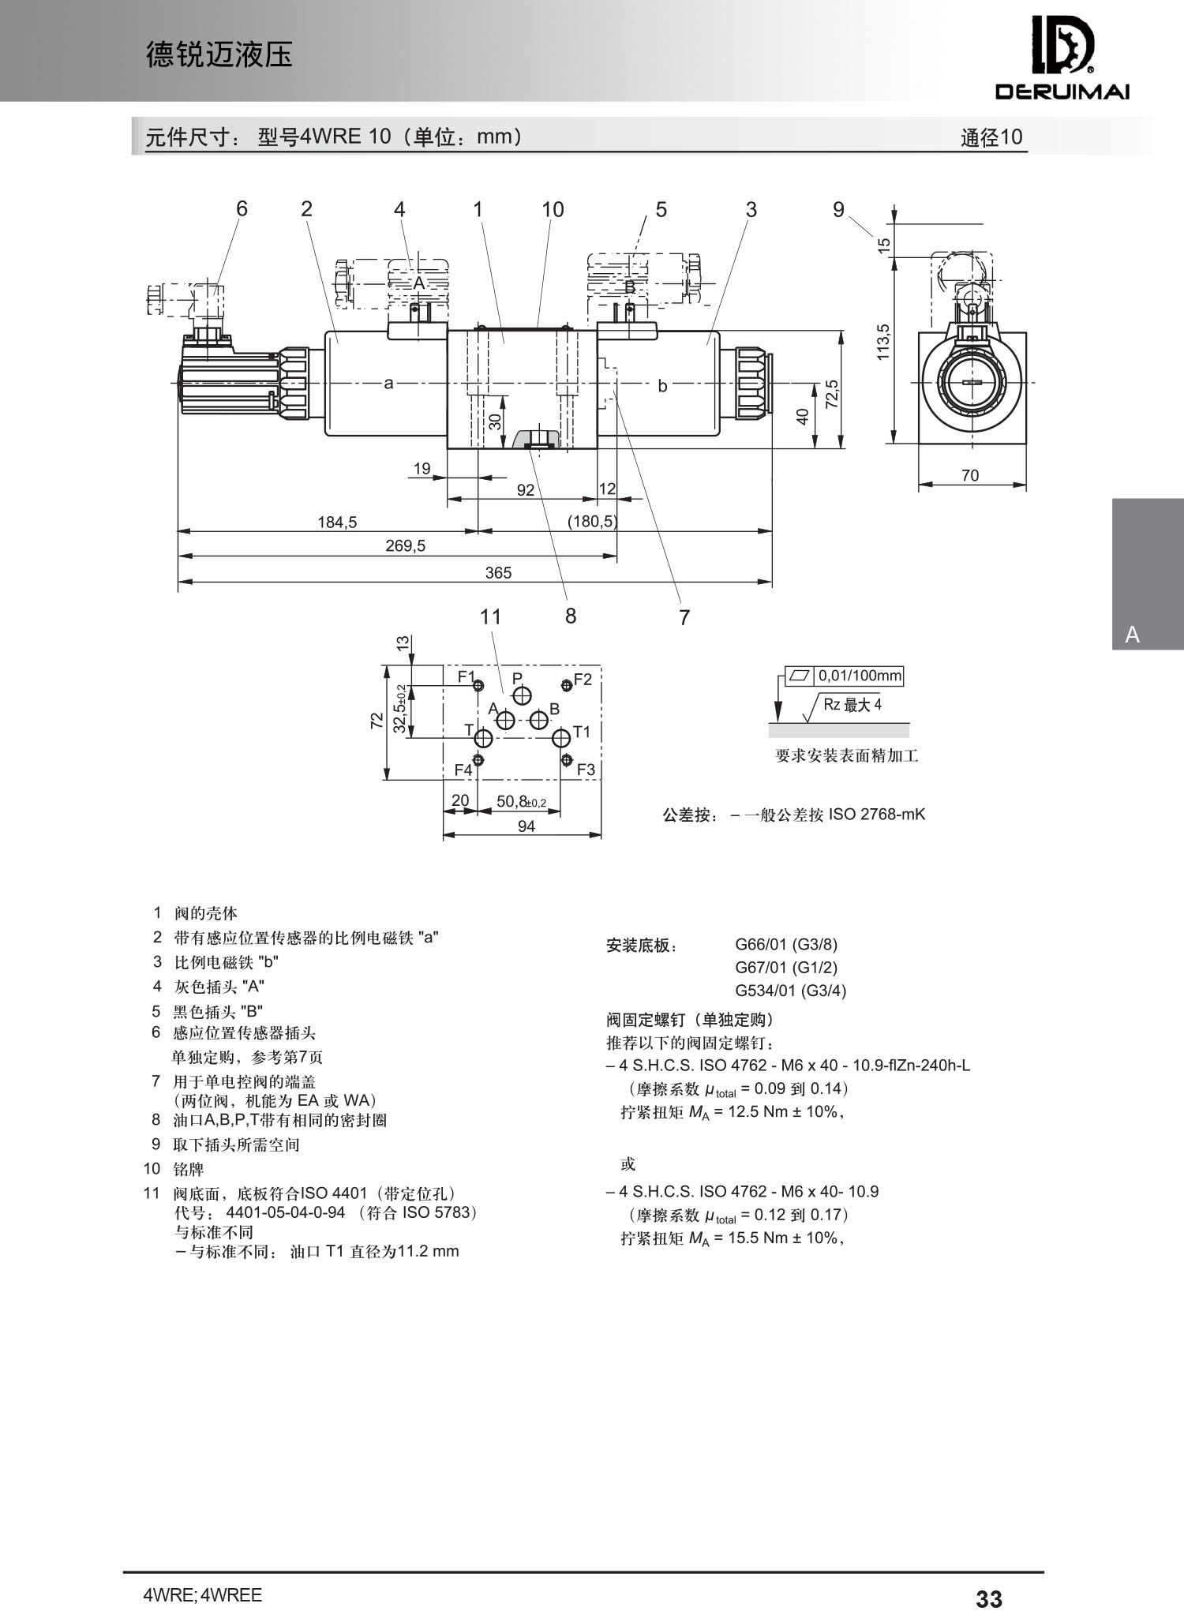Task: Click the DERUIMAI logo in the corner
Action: tap(1062, 58)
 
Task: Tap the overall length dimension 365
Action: tap(498, 572)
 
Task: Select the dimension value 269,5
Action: tap(405, 545)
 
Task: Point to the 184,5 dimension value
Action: tap(337, 522)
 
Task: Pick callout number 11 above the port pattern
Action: tap(491, 616)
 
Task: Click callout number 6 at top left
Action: tap(242, 208)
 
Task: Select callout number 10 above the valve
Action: tap(553, 209)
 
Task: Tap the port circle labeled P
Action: tap(522, 695)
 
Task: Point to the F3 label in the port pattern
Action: tap(586, 770)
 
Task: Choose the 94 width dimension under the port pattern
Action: tap(526, 826)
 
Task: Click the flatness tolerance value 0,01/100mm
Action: tap(860, 676)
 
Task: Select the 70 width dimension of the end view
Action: tap(970, 475)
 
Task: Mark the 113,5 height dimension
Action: tap(883, 343)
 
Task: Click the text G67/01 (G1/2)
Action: tap(786, 967)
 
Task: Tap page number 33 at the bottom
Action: tap(989, 1598)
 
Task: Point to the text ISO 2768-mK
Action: tap(877, 814)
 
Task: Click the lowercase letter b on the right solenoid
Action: tap(662, 385)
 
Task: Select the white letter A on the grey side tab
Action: tap(1133, 635)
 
